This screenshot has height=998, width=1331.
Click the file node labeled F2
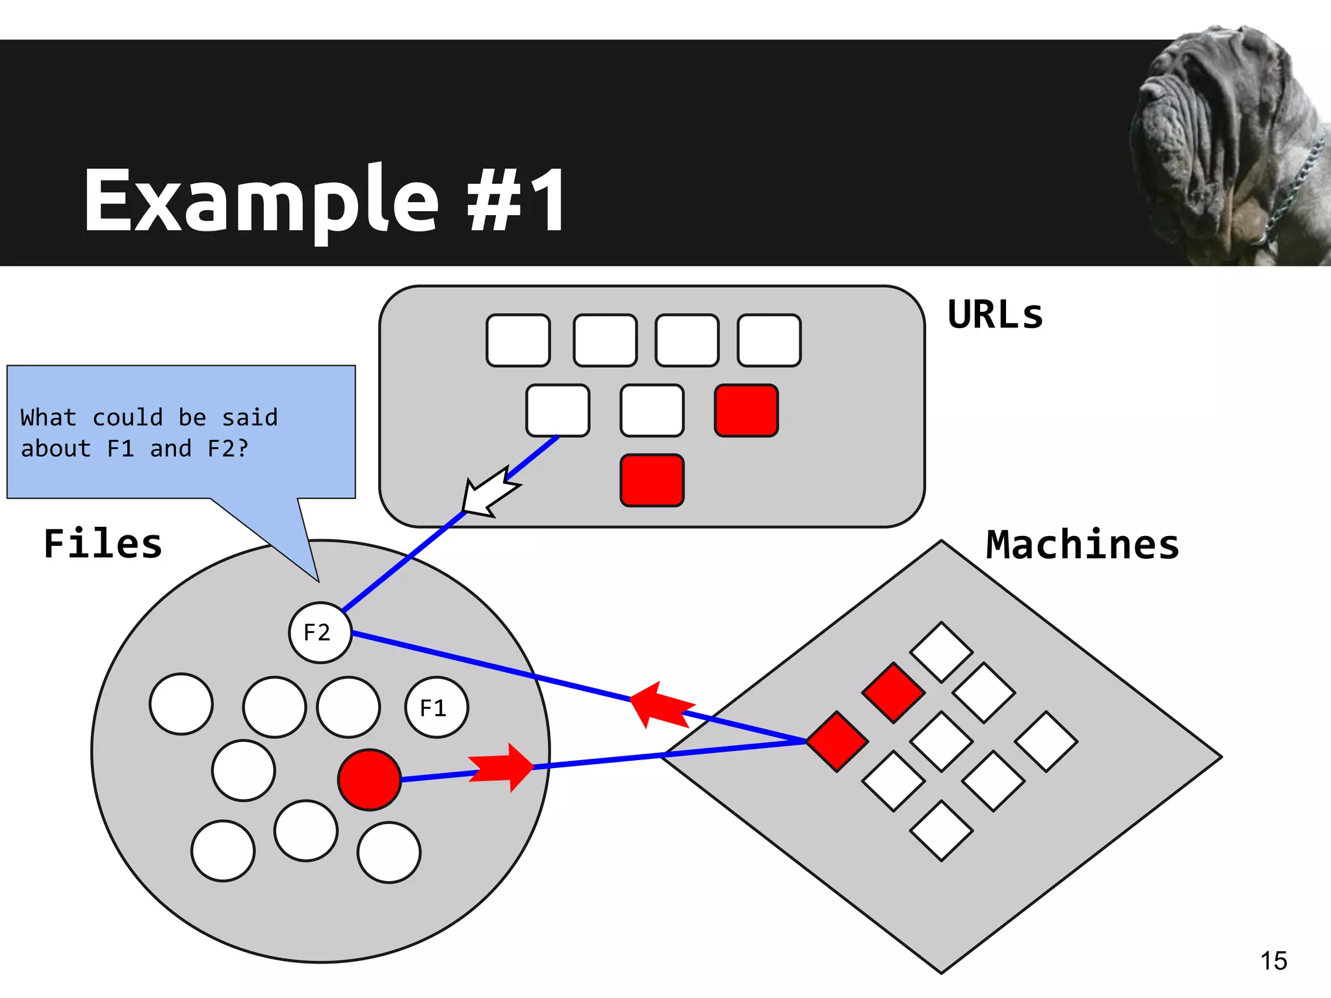[x=320, y=632]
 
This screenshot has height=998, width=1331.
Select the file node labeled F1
[x=435, y=708]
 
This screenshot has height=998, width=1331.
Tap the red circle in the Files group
[x=369, y=780]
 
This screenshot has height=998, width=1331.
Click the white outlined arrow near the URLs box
[x=489, y=493]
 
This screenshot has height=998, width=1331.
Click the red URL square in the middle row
[x=746, y=410]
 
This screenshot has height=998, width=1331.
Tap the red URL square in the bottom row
[x=652, y=480]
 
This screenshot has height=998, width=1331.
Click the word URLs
[x=994, y=315]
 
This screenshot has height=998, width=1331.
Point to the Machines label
[x=1082, y=544]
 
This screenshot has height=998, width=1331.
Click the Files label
[x=103, y=544]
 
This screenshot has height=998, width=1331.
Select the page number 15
[x=1273, y=960]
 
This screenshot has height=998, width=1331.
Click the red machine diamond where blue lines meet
[x=837, y=741]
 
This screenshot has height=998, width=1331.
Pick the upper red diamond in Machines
[x=893, y=693]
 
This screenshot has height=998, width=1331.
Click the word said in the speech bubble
[x=250, y=418]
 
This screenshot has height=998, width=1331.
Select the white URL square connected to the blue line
[x=558, y=410]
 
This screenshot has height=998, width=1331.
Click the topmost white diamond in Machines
[x=941, y=652]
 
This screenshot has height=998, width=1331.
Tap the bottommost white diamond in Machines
[x=941, y=830]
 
